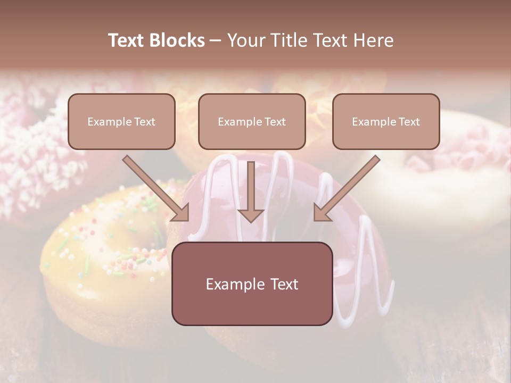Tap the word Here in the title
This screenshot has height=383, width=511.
(x=373, y=40)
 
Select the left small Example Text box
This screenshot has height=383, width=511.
(x=121, y=121)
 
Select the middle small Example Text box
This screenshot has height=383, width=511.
(x=252, y=121)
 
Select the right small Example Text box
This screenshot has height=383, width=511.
(x=386, y=121)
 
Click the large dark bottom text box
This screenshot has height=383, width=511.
(x=252, y=284)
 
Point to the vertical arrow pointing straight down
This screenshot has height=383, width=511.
(x=251, y=189)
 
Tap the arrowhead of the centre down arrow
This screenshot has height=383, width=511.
(x=251, y=215)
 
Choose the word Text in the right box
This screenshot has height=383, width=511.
(x=409, y=122)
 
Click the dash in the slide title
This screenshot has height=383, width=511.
(x=216, y=40)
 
